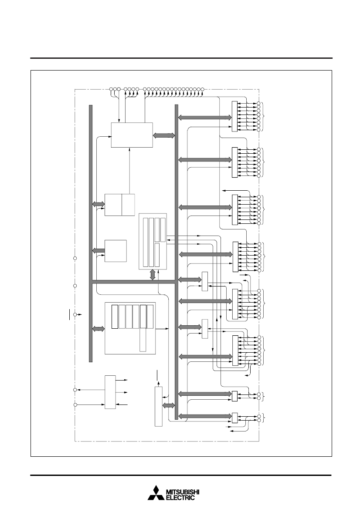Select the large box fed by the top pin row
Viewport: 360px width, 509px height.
[x=132, y=135]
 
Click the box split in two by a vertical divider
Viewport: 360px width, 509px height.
[x=119, y=205]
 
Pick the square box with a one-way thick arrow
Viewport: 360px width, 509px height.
[x=115, y=251]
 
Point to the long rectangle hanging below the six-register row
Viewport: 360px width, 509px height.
[x=143, y=340]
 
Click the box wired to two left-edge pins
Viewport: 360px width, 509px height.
[x=110, y=392]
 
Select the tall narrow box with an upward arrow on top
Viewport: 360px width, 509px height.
[x=158, y=407]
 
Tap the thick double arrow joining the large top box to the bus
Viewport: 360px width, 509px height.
[x=164, y=135]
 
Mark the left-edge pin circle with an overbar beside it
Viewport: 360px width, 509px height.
[x=75, y=314]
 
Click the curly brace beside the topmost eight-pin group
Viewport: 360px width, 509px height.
[x=264, y=116]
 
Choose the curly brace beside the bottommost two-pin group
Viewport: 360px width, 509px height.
[x=264, y=418]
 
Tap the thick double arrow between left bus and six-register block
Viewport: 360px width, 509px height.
[x=98, y=329]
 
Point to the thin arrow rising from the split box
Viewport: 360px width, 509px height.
[x=129, y=171]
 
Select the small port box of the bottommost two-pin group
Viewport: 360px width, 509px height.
[x=234, y=418]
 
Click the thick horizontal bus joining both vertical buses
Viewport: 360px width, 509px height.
[x=134, y=281]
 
